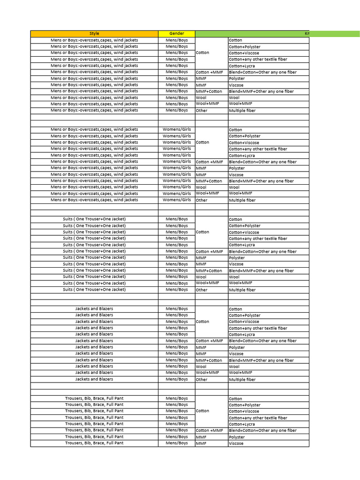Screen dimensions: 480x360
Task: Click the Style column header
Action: [94, 34]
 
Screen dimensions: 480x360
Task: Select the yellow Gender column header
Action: [176, 34]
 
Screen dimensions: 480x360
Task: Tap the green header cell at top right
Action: [252, 34]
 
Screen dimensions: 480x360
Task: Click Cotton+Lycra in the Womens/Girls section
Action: [241, 156]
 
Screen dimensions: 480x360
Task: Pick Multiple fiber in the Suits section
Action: [242, 290]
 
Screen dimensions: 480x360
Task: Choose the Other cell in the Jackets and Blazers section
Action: [202, 380]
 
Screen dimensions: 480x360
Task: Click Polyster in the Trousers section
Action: [237, 437]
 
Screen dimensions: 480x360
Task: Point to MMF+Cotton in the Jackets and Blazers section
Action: [209, 360]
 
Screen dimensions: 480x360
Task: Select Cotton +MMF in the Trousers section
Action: [209, 430]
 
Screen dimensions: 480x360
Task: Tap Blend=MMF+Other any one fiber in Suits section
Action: [261, 271]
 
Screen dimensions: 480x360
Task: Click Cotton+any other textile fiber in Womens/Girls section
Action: [258, 149]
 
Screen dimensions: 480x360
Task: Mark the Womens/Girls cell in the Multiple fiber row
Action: [176, 200]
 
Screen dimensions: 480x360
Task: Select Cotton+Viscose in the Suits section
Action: [244, 232]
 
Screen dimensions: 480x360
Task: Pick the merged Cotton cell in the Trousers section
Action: [202, 411]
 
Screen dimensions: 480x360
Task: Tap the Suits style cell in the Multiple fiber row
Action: [94, 290]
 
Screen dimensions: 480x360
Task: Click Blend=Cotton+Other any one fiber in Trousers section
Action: [262, 430]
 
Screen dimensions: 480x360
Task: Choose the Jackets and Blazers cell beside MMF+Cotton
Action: [94, 360]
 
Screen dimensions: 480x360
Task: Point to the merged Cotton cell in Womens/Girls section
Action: [202, 142]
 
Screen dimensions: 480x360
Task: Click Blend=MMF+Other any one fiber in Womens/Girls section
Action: [261, 181]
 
